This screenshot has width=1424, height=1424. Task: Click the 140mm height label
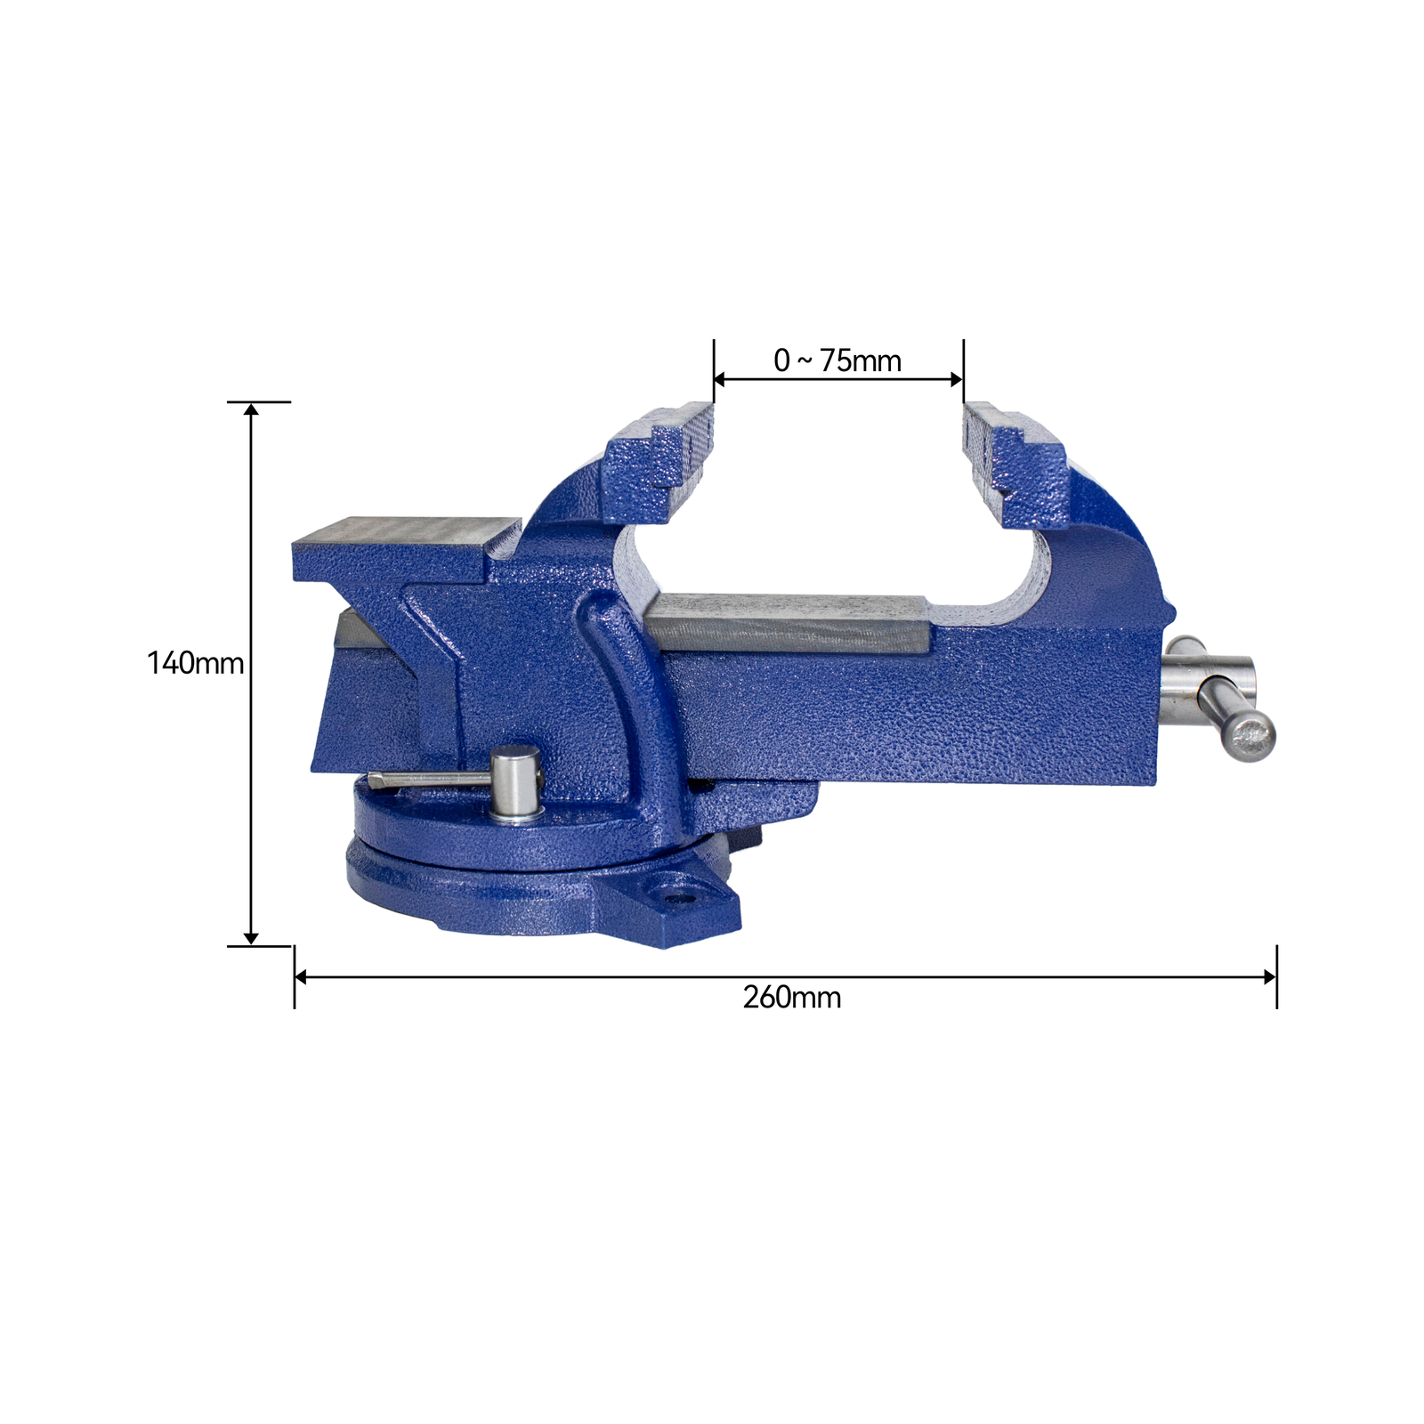[195, 663]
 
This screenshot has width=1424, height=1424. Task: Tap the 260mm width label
[791, 997]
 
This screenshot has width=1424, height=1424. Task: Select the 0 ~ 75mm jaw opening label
[837, 360]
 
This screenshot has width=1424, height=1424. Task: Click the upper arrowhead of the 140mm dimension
[251, 410]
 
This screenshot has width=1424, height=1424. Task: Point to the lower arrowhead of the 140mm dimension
[251, 938]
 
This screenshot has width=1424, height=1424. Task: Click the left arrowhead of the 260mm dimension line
[301, 977]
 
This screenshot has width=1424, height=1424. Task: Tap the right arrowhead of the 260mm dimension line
[1270, 977]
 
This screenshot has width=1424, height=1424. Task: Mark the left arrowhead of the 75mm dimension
[720, 380]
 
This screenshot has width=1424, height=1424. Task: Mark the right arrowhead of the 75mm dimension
[957, 380]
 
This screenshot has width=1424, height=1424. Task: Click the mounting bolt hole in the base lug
[681, 898]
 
